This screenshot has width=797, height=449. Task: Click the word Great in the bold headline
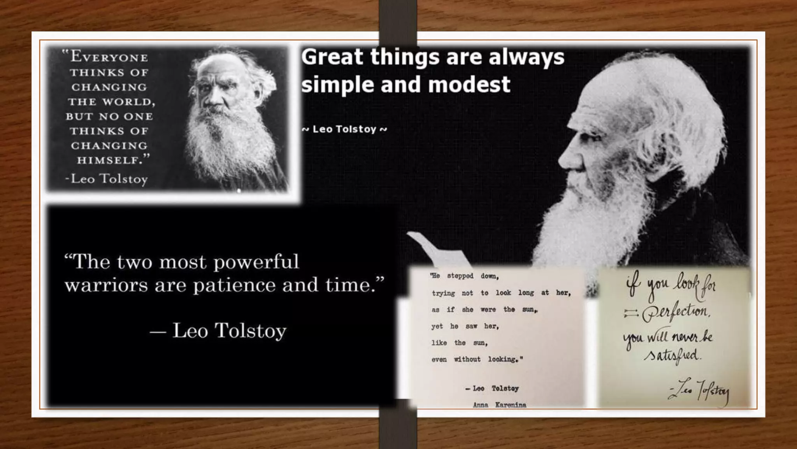tap(332, 57)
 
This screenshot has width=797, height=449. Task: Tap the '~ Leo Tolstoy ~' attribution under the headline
tap(344, 129)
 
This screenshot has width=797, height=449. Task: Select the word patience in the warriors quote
tap(235, 285)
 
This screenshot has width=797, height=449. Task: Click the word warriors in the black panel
tap(106, 285)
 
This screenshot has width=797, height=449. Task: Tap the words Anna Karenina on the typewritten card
tap(499, 405)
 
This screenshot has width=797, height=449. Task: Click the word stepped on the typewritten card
tap(460, 276)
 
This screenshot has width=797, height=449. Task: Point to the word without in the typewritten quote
tap(467, 359)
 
